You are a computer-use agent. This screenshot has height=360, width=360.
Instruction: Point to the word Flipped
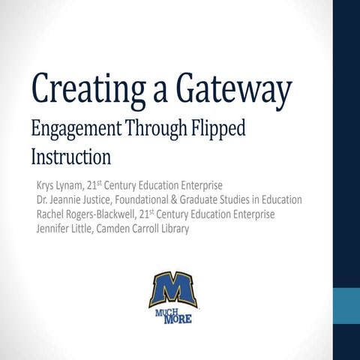[x=218, y=129]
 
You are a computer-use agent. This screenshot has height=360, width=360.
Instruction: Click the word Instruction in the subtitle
[x=71, y=157]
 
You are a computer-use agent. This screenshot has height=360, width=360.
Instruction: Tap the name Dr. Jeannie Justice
[x=83, y=200]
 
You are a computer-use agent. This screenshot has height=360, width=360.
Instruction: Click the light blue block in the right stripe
[x=346, y=304]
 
